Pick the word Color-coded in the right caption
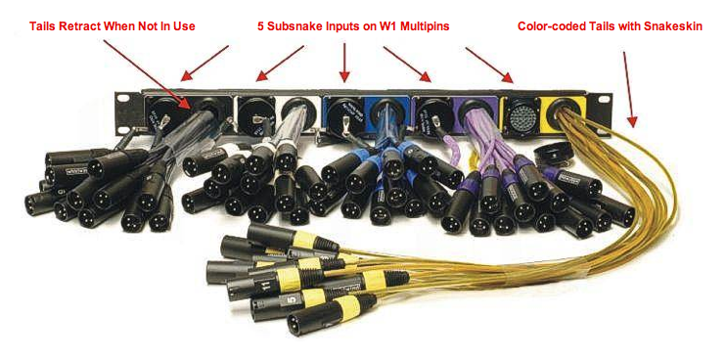[x=552, y=25]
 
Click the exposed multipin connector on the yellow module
[x=518, y=113]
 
